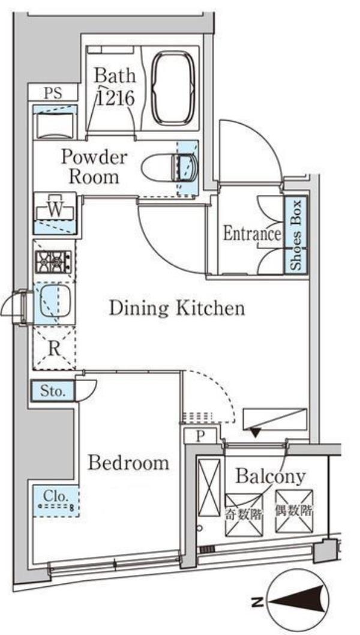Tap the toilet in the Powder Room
click(x=170, y=167)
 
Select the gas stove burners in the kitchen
click(x=53, y=261)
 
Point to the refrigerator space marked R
click(x=54, y=348)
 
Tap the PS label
click(x=53, y=93)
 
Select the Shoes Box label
click(x=296, y=235)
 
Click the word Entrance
click(x=252, y=234)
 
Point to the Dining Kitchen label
click(x=177, y=308)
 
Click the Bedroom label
click(x=128, y=463)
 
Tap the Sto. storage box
click(x=53, y=391)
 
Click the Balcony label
click(x=270, y=477)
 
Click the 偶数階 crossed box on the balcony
click(x=294, y=511)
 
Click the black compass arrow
click(x=298, y=601)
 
